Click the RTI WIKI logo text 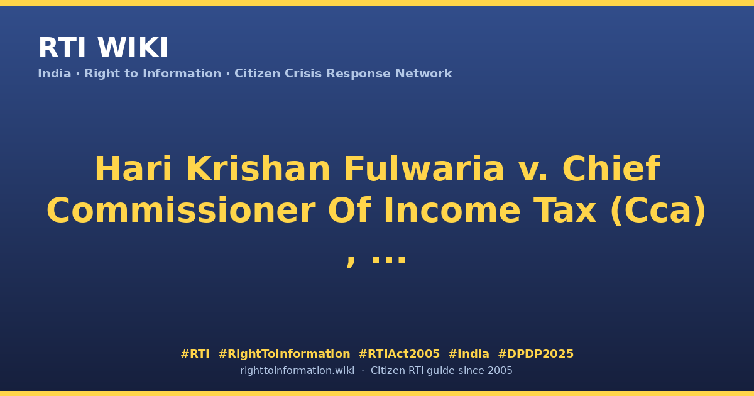click(x=103, y=48)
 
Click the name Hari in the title click(x=134, y=169)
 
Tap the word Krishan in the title click(x=258, y=169)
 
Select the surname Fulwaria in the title click(x=424, y=169)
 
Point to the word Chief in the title click(x=611, y=169)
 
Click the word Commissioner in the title click(x=181, y=211)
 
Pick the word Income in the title click(x=452, y=211)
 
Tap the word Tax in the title click(x=565, y=211)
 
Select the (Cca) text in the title click(x=658, y=211)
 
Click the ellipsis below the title click(x=388, y=258)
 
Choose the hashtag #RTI click(x=195, y=354)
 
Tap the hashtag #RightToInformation click(x=284, y=355)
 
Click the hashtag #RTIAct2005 click(x=399, y=354)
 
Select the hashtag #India click(x=469, y=354)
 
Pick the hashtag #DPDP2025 click(x=535, y=354)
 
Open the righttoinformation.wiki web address click(x=297, y=371)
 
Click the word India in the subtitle click(x=55, y=74)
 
